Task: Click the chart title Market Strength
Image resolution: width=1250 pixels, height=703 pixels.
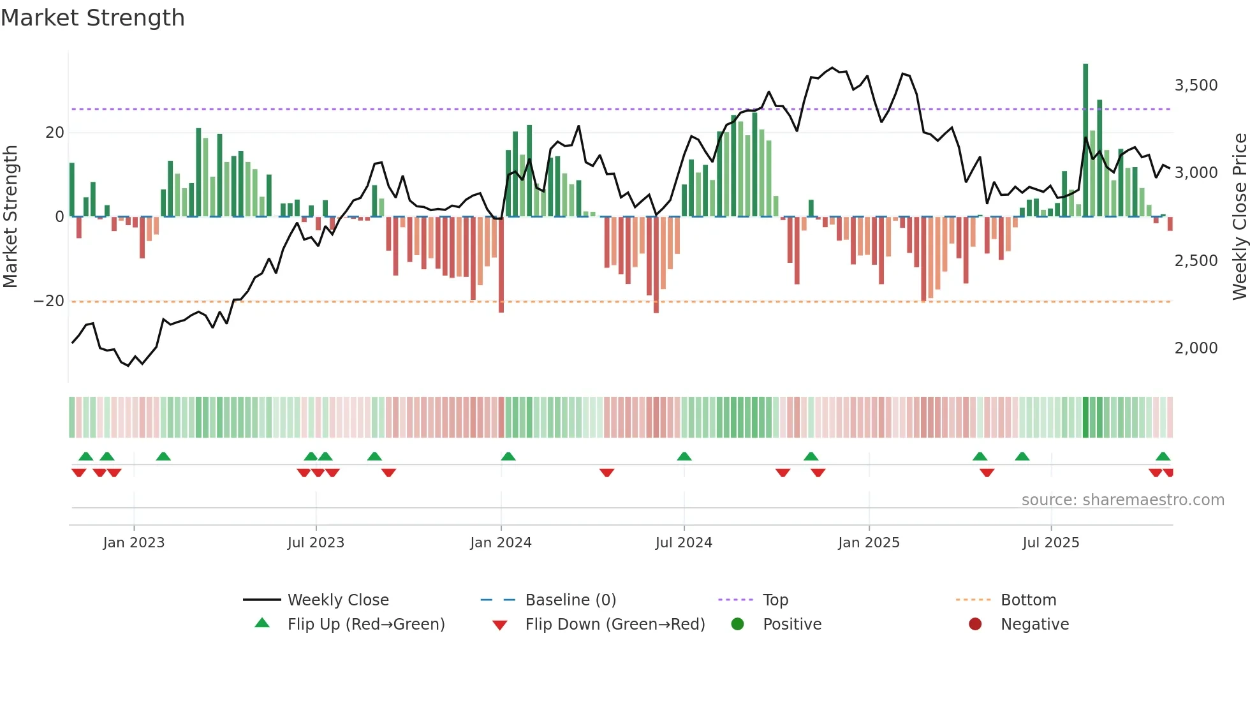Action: coord(92,18)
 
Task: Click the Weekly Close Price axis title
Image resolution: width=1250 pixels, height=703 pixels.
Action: coord(1239,216)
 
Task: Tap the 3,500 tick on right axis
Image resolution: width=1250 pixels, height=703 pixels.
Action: coord(1196,85)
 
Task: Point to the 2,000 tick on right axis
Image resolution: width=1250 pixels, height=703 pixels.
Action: coord(1196,348)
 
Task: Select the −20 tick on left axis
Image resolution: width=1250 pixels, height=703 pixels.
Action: coord(48,301)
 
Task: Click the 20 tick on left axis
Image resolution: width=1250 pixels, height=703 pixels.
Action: coord(55,133)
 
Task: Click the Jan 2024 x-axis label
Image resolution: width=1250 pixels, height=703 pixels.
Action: coord(501,543)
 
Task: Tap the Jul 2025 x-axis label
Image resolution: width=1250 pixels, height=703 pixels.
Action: coord(1050,543)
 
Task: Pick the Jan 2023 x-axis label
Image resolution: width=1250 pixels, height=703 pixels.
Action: coord(134,543)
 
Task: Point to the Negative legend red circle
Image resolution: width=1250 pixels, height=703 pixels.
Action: coord(975,624)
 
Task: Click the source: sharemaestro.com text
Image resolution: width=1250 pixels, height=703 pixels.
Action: coord(1122,500)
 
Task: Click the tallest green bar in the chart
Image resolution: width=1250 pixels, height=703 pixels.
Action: coord(1085,140)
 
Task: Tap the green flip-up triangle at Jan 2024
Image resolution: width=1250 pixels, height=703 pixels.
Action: coord(508,456)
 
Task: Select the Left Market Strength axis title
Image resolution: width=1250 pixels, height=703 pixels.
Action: coord(11,216)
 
